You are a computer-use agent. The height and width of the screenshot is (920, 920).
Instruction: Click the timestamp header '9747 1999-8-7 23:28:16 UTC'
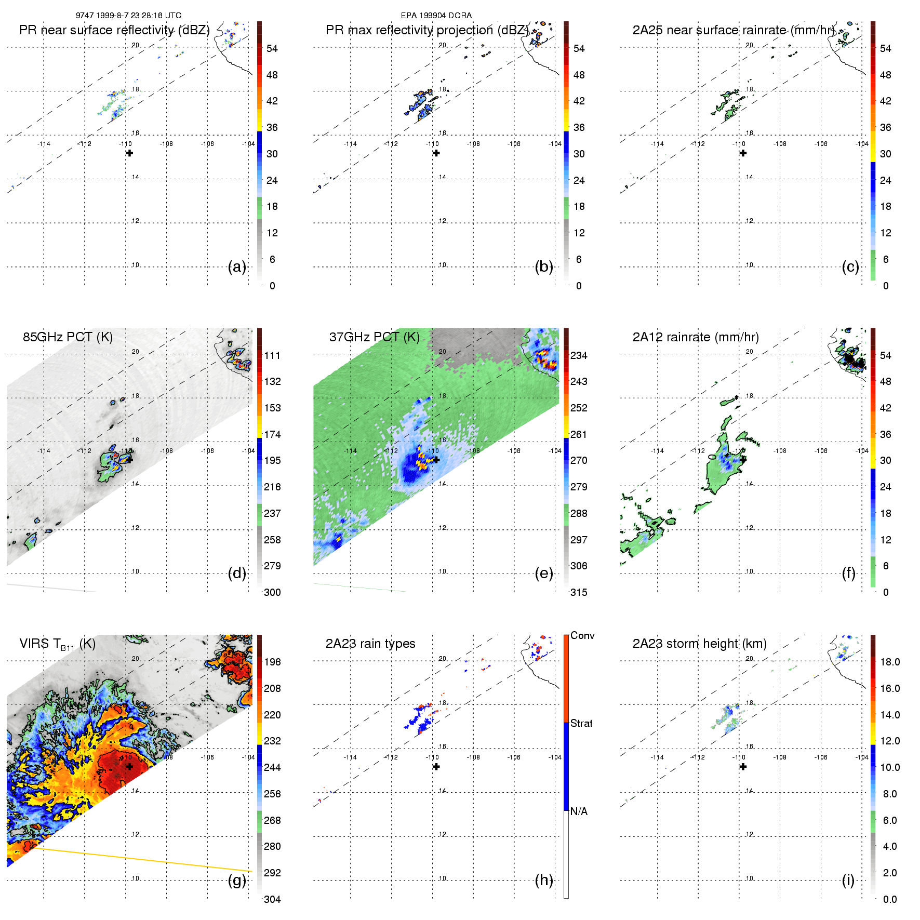coord(128,16)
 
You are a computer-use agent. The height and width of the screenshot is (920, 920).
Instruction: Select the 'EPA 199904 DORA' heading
coord(436,16)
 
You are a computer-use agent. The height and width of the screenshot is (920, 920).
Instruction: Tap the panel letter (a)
coord(237,267)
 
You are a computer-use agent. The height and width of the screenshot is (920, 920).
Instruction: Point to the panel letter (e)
coord(544,574)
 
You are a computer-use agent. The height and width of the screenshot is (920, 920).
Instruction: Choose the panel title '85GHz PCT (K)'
coord(68,337)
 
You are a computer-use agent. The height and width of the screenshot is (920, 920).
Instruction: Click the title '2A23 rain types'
coord(370,644)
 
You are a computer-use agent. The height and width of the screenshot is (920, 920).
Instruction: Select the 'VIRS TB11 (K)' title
coord(57,644)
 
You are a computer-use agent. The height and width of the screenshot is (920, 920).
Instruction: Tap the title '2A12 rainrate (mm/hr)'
coord(695,337)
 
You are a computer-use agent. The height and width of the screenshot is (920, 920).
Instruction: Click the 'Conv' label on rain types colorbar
coord(582,636)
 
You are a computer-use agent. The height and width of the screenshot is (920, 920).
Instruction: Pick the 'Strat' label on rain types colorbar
coord(581,723)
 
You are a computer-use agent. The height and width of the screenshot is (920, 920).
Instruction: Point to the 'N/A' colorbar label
coord(579,811)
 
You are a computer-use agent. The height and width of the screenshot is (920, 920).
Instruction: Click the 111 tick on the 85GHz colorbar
coord(272,356)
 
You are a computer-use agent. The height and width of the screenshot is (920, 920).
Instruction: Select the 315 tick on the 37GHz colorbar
coord(579,593)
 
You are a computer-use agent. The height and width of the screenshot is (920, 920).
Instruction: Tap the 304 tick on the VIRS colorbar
coord(272,899)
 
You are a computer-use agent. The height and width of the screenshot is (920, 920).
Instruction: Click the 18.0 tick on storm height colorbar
coord(889,662)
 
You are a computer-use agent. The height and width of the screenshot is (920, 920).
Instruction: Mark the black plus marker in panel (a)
coord(129,153)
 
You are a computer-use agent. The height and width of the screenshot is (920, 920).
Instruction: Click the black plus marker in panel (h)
coord(436,767)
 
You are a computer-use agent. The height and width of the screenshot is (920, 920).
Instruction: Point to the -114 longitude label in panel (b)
coord(350,144)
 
